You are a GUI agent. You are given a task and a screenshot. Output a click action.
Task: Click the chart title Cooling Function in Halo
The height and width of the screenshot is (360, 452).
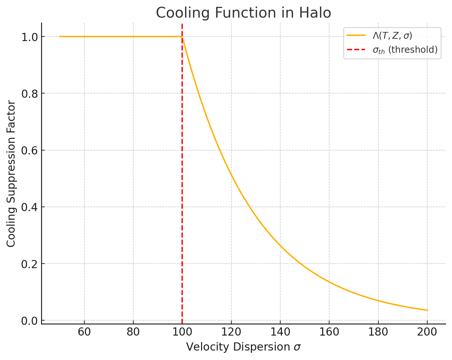[x=243, y=13]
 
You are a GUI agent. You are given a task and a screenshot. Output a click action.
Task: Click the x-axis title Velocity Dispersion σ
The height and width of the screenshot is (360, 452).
[x=243, y=347]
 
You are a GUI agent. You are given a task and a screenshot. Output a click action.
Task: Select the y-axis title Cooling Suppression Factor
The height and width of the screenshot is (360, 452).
[x=11, y=174]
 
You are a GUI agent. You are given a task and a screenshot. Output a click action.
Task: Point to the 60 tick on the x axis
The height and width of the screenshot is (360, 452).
[x=84, y=332]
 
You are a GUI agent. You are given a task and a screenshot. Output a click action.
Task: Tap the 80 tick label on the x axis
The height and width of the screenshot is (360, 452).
[x=133, y=332]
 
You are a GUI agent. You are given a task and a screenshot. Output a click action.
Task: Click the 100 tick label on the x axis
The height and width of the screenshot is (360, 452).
[x=182, y=332]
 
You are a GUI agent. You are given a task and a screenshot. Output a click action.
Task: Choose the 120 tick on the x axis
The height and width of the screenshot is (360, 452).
[x=231, y=332]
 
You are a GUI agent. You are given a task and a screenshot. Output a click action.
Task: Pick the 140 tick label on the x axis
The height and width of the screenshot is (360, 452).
[x=280, y=332]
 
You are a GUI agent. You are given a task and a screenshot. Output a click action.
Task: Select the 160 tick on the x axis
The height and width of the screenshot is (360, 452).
[x=329, y=332]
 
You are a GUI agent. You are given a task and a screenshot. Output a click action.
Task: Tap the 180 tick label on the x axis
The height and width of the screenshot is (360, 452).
[x=378, y=332]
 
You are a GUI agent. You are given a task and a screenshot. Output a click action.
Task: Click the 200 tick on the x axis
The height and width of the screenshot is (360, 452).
[x=427, y=332]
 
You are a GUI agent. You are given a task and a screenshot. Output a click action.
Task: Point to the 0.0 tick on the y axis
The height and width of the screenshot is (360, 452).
[x=29, y=321]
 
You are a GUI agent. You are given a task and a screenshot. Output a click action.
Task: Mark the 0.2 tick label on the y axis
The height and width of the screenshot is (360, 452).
[x=29, y=264]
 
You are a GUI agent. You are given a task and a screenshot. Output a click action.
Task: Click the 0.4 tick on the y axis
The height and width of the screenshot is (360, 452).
[x=29, y=207]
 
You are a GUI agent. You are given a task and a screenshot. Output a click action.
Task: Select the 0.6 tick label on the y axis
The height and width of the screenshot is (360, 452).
[x=29, y=151]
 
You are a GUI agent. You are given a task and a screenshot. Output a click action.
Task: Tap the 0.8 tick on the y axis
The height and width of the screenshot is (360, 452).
[x=29, y=94]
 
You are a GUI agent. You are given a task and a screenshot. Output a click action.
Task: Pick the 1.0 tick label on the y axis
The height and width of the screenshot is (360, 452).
[x=29, y=37]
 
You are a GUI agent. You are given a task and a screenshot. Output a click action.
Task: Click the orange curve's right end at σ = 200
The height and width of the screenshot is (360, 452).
[x=427, y=310]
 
